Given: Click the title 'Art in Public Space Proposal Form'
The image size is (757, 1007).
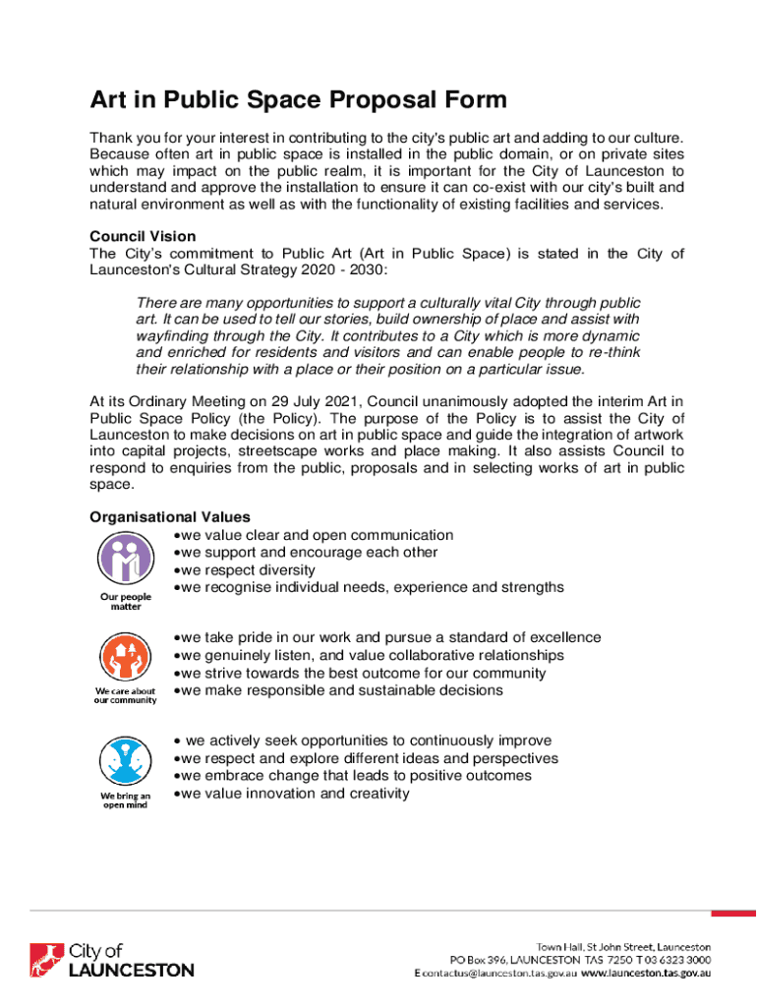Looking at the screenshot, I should [x=298, y=100].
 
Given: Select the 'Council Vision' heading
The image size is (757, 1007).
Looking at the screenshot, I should [x=143, y=237].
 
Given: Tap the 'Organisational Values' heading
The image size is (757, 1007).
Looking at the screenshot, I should [x=170, y=517].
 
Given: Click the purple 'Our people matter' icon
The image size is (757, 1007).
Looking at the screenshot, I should [x=125, y=560].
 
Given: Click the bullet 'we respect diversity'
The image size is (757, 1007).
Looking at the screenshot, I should [x=247, y=570].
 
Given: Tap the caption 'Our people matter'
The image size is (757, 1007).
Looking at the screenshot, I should [x=125, y=602].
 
